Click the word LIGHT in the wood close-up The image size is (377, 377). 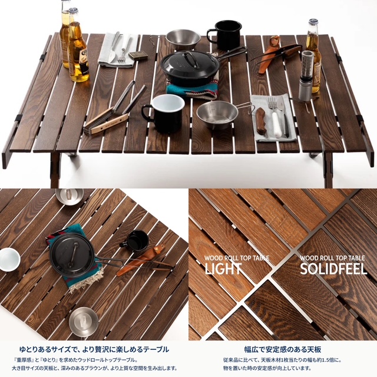[x=223, y=269]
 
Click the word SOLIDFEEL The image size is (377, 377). [x=333, y=269]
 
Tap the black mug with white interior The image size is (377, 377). [x=164, y=113]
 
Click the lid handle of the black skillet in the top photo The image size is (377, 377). [x=189, y=59]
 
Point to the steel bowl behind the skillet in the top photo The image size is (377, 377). [x=183, y=39]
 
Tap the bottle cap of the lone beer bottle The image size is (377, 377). [x=313, y=22]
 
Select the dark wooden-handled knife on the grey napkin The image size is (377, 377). [x=260, y=121]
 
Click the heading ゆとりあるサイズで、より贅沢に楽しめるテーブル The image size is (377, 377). [x=94, y=349]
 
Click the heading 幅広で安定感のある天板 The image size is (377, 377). [x=283, y=349]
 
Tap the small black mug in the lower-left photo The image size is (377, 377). [x=135, y=241]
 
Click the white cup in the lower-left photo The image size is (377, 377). [x=9, y=260]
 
